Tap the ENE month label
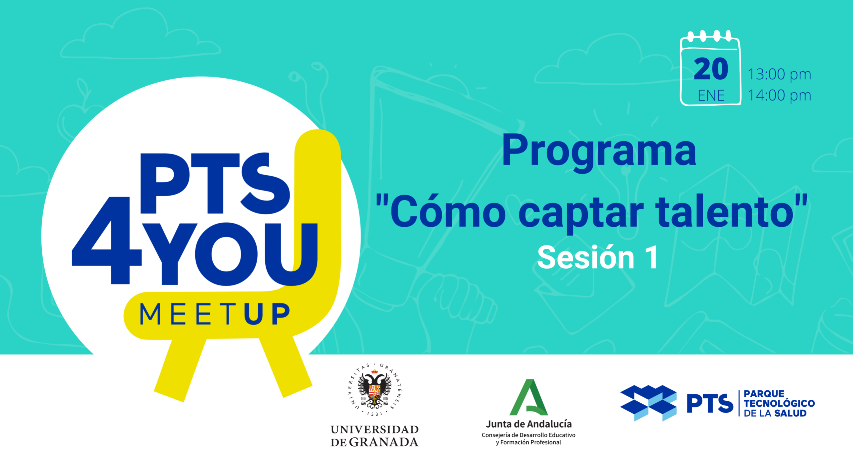click(711, 96)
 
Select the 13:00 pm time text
click(779, 74)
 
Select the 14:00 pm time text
click(779, 95)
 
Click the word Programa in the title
click(599, 151)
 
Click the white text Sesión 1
click(598, 257)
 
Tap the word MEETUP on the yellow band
click(214, 314)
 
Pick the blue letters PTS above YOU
click(215, 183)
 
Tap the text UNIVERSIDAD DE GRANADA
click(375, 436)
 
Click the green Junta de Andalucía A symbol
click(529, 398)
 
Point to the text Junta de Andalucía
click(529, 424)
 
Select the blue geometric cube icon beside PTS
click(648, 403)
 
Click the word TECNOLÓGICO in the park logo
click(779, 403)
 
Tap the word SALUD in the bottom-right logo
click(790, 413)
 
